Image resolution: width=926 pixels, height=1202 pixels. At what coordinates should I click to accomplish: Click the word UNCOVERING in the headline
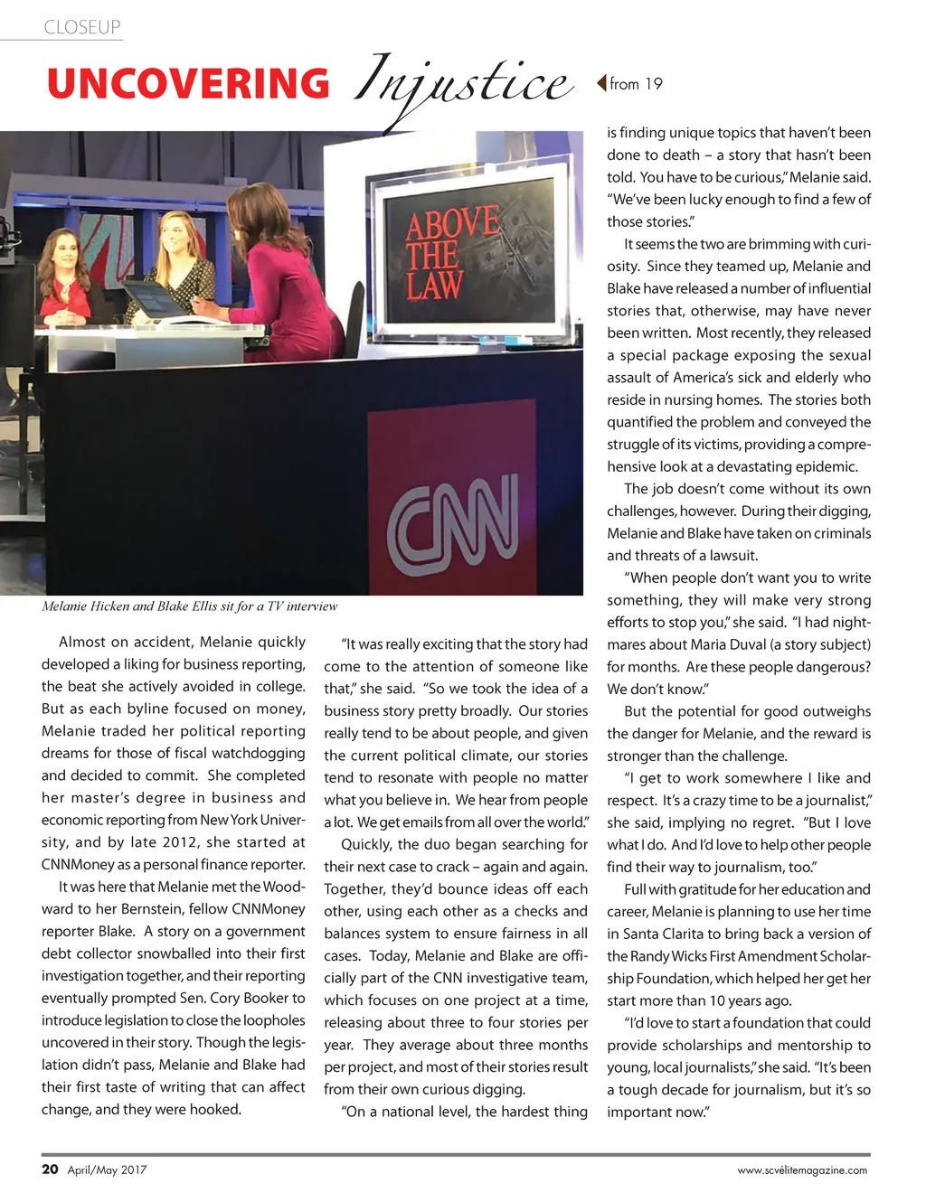[x=188, y=84]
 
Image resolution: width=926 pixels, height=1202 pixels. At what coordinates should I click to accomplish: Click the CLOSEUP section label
[x=82, y=27]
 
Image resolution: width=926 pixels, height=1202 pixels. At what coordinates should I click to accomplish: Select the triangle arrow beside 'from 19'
[x=600, y=83]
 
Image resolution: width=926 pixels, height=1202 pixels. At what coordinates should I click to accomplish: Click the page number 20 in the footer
[x=50, y=1169]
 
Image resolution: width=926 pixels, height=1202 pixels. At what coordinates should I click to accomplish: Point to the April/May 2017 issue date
[x=108, y=1169]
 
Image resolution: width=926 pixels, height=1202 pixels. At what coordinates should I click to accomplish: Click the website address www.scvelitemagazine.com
[x=802, y=1169]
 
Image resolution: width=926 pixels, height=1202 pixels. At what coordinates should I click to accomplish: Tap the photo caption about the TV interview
[x=190, y=606]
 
